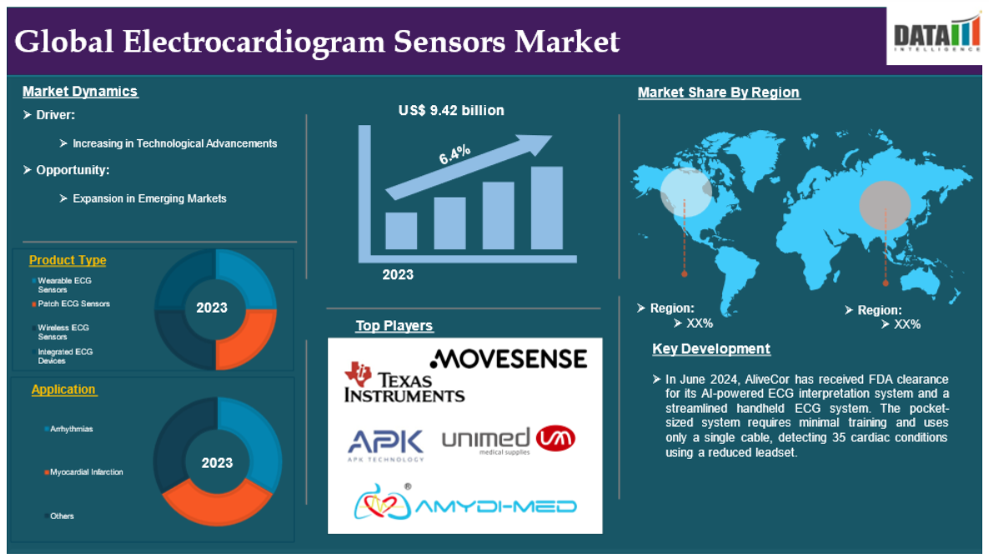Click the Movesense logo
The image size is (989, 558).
pyautogui.click(x=509, y=359)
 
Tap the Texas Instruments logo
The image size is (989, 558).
pyautogui.click(x=404, y=383)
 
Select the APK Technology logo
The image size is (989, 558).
pyautogui.click(x=385, y=445)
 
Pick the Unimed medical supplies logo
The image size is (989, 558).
pyautogui.click(x=508, y=440)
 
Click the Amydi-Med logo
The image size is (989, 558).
pyautogui.click(x=464, y=502)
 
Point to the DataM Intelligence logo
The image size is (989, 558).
pyautogui.click(x=936, y=35)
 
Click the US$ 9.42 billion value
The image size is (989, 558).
pyautogui.click(x=451, y=110)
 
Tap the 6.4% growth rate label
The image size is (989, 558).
pyautogui.click(x=454, y=154)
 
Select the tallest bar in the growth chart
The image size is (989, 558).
pyautogui.click(x=547, y=208)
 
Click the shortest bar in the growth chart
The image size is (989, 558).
pyautogui.click(x=401, y=230)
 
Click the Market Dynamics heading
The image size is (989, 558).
pyautogui.click(x=80, y=92)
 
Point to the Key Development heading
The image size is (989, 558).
pyautogui.click(x=710, y=349)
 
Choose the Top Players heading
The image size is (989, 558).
pyautogui.click(x=394, y=326)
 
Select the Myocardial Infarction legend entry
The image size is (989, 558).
pyautogui.click(x=83, y=471)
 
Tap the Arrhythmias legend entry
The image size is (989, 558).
pyautogui.click(x=68, y=429)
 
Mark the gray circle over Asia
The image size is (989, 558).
pyautogui.click(x=885, y=205)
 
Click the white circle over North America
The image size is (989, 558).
pyautogui.click(x=685, y=192)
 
